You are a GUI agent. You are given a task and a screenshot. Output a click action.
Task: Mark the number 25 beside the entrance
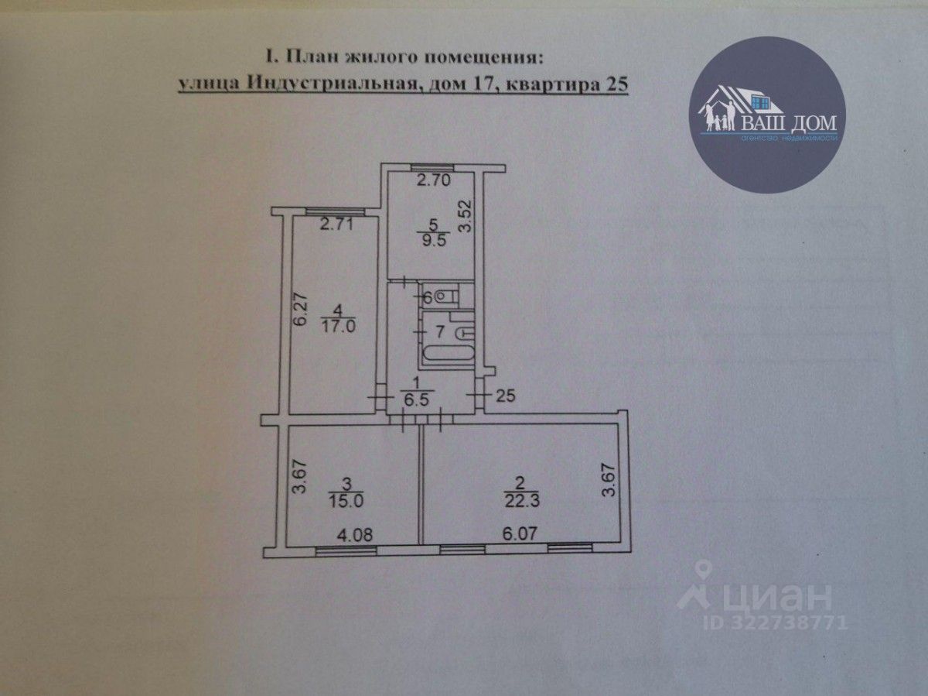pyautogui.click(x=503, y=396)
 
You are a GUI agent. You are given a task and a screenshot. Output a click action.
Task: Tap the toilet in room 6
pyautogui.click(x=445, y=295)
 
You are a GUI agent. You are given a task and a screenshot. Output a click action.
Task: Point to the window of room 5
pyautogui.click(x=432, y=167)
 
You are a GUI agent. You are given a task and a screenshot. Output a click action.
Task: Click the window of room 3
pyautogui.click(x=346, y=550)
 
